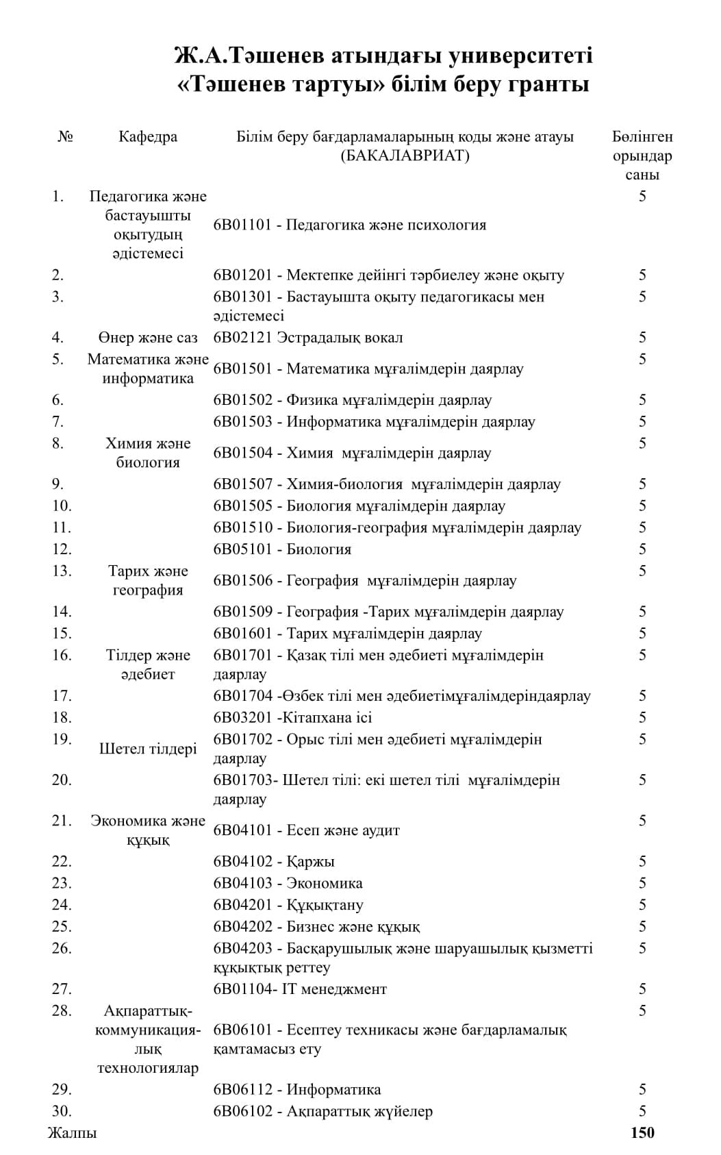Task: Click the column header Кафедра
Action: tap(147, 136)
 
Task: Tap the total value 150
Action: tap(642, 1132)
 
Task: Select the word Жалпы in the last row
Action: tap(72, 1132)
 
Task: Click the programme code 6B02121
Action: tap(242, 338)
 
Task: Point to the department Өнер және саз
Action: tap(148, 338)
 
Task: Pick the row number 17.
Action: tap(62, 696)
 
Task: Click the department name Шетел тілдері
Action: tap(148, 749)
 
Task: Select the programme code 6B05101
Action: tap(242, 549)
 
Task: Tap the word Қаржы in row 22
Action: tap(310, 862)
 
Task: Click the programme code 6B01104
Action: tap(242, 989)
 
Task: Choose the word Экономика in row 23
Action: tap(325, 883)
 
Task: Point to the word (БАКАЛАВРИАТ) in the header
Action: tap(405, 156)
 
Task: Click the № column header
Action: tap(66, 136)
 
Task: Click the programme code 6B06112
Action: tap(242, 1089)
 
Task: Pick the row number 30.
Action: tap(62, 1111)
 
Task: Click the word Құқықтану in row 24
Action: tap(325, 905)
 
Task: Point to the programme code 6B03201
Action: tap(242, 718)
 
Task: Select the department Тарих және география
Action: tap(148, 580)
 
